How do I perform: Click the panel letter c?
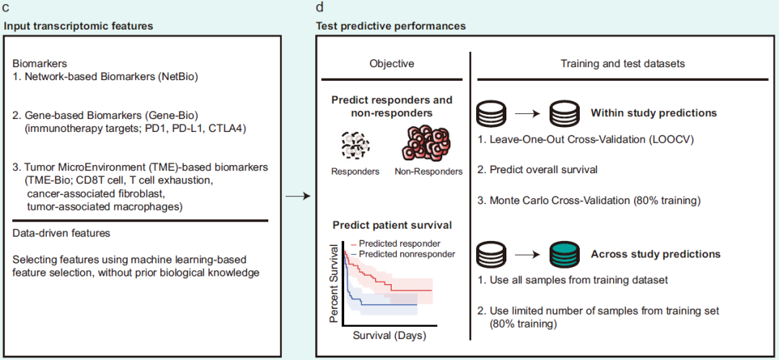point(6,8)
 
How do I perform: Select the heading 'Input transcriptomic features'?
point(79,26)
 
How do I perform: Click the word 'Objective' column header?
point(392,63)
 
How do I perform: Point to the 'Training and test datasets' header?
point(622,63)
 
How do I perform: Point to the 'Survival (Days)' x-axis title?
point(389,335)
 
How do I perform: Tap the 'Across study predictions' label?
point(655,254)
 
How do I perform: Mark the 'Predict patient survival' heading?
point(391,225)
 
